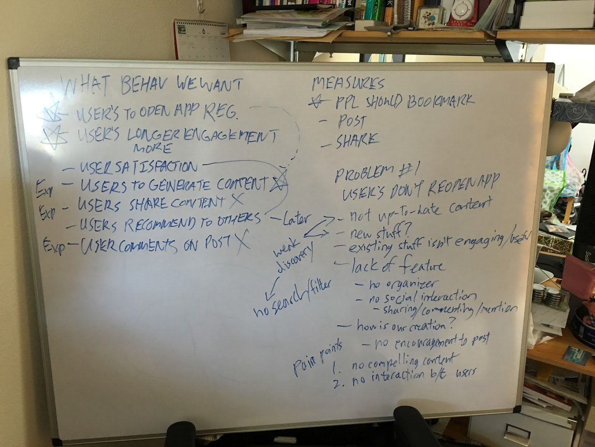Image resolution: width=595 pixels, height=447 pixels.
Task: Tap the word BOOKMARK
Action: [441, 101]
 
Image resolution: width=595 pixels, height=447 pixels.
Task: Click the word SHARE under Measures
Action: [357, 141]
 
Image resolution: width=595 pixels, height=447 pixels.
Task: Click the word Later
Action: [297, 219]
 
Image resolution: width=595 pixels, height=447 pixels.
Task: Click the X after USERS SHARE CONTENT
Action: [237, 201]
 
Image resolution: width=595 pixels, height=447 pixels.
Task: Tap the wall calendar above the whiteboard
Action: [202, 39]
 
